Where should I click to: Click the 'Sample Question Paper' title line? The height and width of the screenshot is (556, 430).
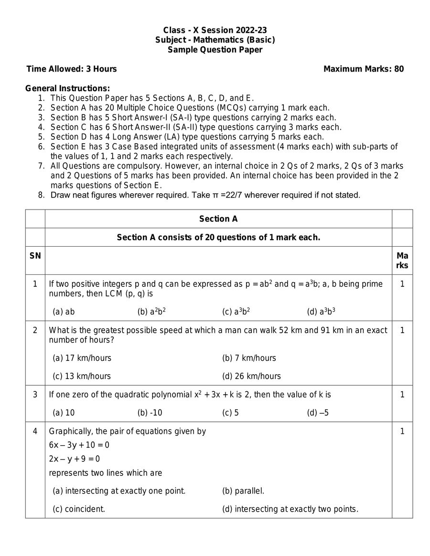pyautogui.click(x=215, y=50)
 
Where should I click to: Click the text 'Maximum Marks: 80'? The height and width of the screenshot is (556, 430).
pyautogui.click(x=364, y=69)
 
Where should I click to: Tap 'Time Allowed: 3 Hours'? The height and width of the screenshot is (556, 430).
pyautogui.click(x=72, y=69)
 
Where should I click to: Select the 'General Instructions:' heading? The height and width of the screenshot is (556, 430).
pyautogui.click(x=67, y=88)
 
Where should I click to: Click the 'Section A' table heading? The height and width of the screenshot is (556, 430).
pyautogui.click(x=218, y=219)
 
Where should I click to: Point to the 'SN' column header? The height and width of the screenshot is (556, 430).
pyautogui.click(x=35, y=256)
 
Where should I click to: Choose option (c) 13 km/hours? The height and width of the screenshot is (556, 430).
pyautogui.click(x=82, y=376)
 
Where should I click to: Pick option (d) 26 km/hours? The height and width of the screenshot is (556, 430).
pyautogui.click(x=251, y=376)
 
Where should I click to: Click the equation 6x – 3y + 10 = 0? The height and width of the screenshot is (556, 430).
pyautogui.click(x=79, y=445)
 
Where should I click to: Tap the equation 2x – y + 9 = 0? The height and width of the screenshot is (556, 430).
pyautogui.click(x=75, y=459)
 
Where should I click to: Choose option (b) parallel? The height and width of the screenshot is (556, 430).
pyautogui.click(x=243, y=491)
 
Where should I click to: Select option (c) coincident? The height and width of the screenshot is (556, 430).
pyautogui.click(x=79, y=509)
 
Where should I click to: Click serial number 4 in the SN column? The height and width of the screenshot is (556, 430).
pyautogui.click(x=35, y=431)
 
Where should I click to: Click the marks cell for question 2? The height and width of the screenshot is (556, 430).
pyautogui.click(x=402, y=330)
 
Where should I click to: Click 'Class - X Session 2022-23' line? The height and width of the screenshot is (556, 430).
pyautogui.click(x=215, y=30)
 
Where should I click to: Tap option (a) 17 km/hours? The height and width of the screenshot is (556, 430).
pyautogui.click(x=82, y=358)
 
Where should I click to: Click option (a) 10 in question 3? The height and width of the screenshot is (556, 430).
pyautogui.click(x=64, y=413)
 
